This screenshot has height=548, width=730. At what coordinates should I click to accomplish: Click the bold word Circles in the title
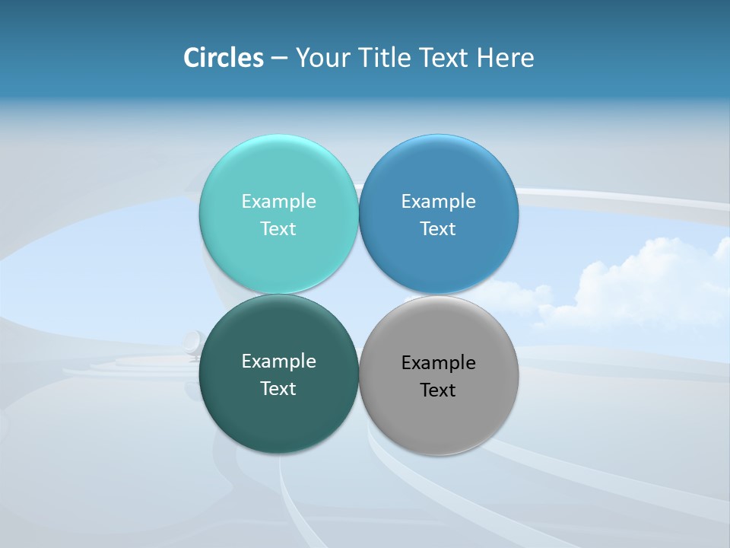click(x=224, y=58)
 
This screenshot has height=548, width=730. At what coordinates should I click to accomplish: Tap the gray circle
click(x=438, y=419)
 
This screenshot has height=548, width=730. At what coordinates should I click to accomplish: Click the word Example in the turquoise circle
click(x=278, y=202)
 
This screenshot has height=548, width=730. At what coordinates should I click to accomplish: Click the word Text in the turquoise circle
click(x=278, y=229)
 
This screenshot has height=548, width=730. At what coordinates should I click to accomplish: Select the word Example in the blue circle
click(x=438, y=202)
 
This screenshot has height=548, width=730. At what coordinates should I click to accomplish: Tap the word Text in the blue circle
click(x=438, y=229)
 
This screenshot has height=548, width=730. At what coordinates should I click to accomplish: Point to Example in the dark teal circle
click(x=278, y=362)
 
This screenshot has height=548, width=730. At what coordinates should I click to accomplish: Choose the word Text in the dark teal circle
click(x=278, y=389)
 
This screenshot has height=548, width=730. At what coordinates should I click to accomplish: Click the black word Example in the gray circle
click(x=438, y=363)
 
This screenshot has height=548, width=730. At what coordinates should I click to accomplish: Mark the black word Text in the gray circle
click(x=438, y=390)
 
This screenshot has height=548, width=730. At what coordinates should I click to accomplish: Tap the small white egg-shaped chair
click(x=192, y=343)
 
